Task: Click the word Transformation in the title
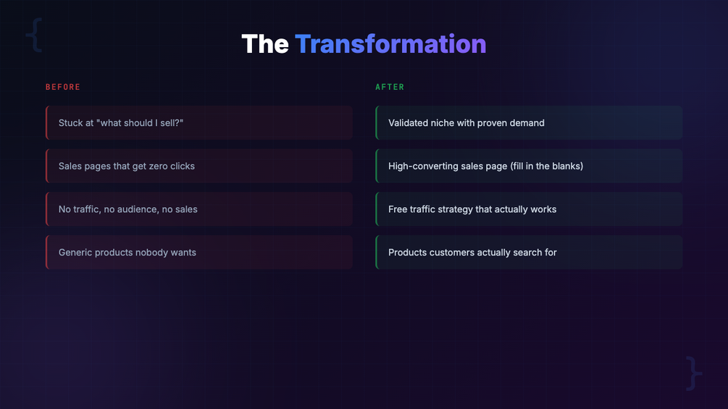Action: point(390,44)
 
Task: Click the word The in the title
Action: point(265,44)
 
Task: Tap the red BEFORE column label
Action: point(63,87)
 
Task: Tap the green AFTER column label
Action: point(390,87)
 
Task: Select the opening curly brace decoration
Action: point(34,35)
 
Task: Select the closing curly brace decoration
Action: point(694,374)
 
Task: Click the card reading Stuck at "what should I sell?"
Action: point(199,123)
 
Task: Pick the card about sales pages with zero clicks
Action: point(199,166)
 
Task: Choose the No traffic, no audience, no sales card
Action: point(199,209)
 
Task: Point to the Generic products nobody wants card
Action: point(199,252)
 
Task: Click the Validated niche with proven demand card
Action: point(529,123)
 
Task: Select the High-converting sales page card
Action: point(529,166)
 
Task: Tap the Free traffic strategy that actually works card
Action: point(529,209)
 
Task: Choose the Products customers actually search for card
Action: point(529,252)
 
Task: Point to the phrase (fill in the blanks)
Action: point(546,166)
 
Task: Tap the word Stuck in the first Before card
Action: point(70,123)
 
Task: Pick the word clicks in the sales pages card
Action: point(183,166)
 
